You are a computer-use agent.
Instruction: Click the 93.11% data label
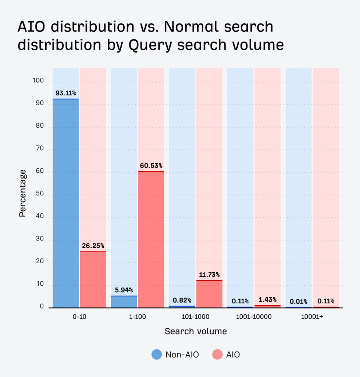pos(66,93)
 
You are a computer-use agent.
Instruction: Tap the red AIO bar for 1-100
pos(151,239)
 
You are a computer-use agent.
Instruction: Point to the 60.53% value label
pos(151,166)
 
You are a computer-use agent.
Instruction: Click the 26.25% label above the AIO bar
pos(93,246)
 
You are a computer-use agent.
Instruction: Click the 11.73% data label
pos(209,275)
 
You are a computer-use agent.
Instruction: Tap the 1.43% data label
pos(267,300)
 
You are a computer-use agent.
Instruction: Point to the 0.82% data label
pos(182,300)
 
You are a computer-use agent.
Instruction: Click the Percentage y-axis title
pos(23,193)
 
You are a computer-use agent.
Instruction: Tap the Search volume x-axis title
pos(196,331)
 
